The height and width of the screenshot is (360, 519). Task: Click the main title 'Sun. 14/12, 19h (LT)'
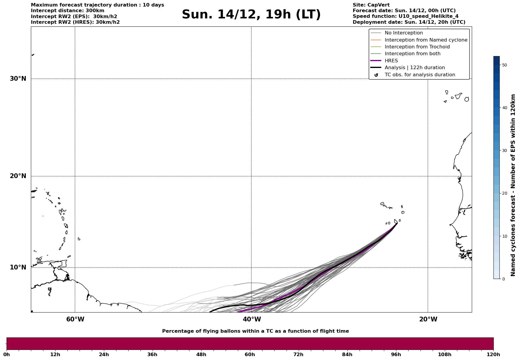(251, 15)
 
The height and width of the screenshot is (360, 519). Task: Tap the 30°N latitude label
(18, 79)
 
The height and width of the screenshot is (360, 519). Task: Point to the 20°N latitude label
(18, 176)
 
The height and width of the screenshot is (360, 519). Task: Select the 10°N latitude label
(18, 267)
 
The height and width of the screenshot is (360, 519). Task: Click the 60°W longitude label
(75, 319)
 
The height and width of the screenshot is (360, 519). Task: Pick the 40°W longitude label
(251, 319)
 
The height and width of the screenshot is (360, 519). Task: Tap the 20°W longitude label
(428, 319)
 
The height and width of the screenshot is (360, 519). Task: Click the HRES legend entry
(391, 61)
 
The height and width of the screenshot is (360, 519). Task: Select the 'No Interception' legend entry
(404, 33)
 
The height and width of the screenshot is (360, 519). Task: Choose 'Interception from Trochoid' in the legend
(417, 47)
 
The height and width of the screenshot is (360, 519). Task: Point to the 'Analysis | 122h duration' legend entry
(414, 68)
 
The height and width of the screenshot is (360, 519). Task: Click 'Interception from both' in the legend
(412, 54)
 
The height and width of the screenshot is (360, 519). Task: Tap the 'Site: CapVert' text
(371, 5)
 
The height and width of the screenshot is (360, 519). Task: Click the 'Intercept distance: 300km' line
(67, 11)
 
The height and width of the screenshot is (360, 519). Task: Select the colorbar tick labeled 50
(504, 65)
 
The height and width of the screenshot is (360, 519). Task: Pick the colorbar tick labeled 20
(504, 194)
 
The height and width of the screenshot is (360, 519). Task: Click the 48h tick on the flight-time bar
(201, 355)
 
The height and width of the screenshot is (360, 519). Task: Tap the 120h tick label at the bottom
(493, 355)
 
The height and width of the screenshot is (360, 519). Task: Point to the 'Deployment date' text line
(409, 22)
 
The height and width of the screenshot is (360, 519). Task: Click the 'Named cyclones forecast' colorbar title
(513, 185)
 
